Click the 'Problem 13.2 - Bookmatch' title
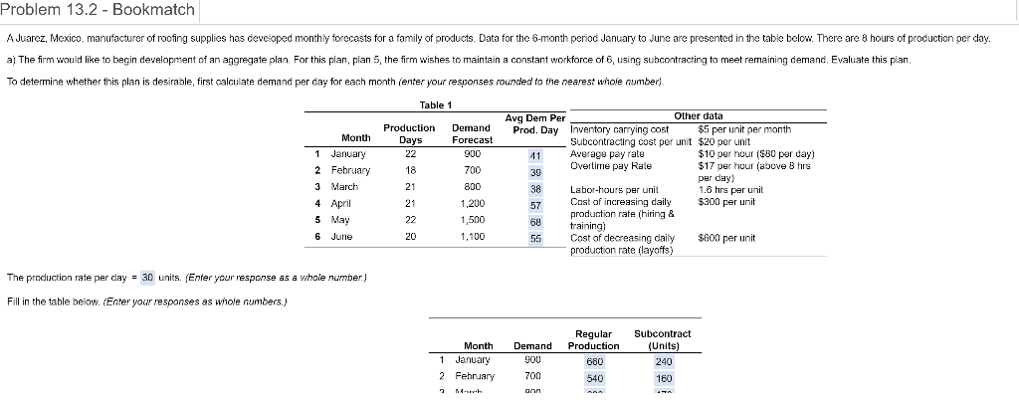[x=100, y=11]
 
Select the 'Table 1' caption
[x=437, y=104]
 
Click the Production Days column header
[x=409, y=134]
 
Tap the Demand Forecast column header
[x=471, y=134]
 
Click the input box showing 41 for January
[x=535, y=155]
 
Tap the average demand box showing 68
[x=535, y=222]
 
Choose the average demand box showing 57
[x=535, y=204]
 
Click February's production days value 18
[x=409, y=170]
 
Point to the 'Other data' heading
[x=698, y=116]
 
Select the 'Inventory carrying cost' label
[x=619, y=129]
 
